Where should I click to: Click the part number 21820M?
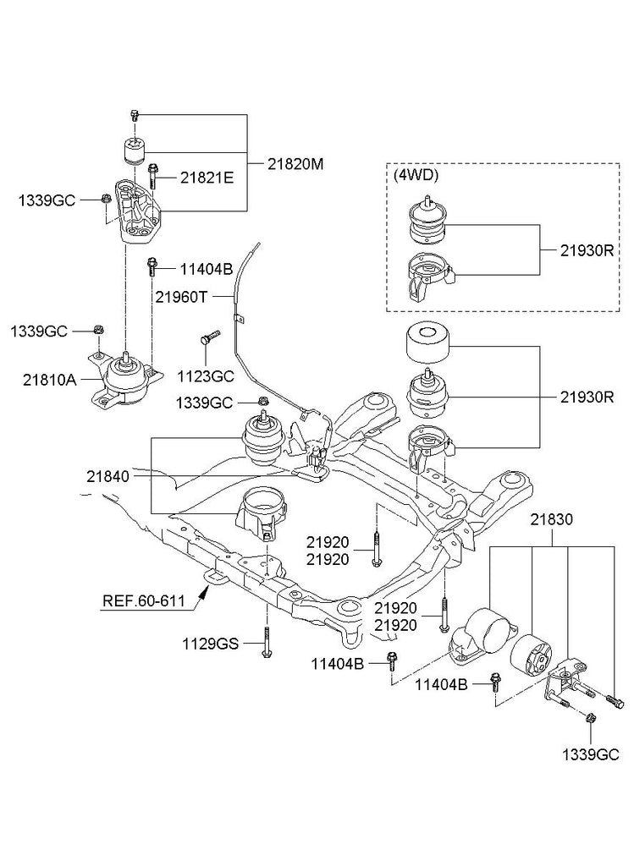(295, 163)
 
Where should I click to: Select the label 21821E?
(207, 178)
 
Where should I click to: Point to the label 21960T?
(181, 297)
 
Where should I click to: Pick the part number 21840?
(108, 477)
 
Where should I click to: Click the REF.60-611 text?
(144, 602)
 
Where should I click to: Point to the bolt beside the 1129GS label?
(266, 643)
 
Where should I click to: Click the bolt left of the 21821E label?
(152, 178)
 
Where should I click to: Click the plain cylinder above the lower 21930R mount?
(427, 341)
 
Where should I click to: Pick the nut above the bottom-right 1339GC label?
(589, 718)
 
